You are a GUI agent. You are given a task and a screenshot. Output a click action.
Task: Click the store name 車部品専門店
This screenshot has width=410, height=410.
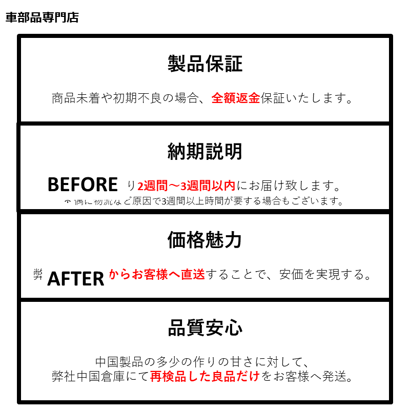(42, 18)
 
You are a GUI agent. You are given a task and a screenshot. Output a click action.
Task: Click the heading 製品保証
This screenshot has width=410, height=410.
(205, 64)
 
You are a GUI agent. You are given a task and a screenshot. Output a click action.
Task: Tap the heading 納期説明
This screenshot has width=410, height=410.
(205, 151)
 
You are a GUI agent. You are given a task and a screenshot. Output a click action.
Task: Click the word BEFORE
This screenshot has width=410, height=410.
(83, 184)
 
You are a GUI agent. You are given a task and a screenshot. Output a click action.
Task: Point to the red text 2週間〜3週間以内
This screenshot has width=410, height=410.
(186, 186)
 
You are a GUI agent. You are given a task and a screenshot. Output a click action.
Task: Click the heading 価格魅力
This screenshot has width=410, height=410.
(205, 239)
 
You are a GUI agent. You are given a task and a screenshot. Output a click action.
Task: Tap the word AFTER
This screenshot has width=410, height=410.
(76, 278)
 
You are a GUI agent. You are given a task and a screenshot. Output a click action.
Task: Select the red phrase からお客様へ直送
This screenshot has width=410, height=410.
(156, 275)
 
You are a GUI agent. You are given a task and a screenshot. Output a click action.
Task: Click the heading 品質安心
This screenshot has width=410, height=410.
(205, 328)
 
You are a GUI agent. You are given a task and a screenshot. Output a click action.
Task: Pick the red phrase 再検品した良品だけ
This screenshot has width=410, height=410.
(205, 377)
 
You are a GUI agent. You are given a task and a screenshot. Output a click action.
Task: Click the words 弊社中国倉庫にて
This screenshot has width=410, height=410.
(100, 377)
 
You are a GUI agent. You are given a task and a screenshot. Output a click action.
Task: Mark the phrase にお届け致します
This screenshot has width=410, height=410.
(289, 186)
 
